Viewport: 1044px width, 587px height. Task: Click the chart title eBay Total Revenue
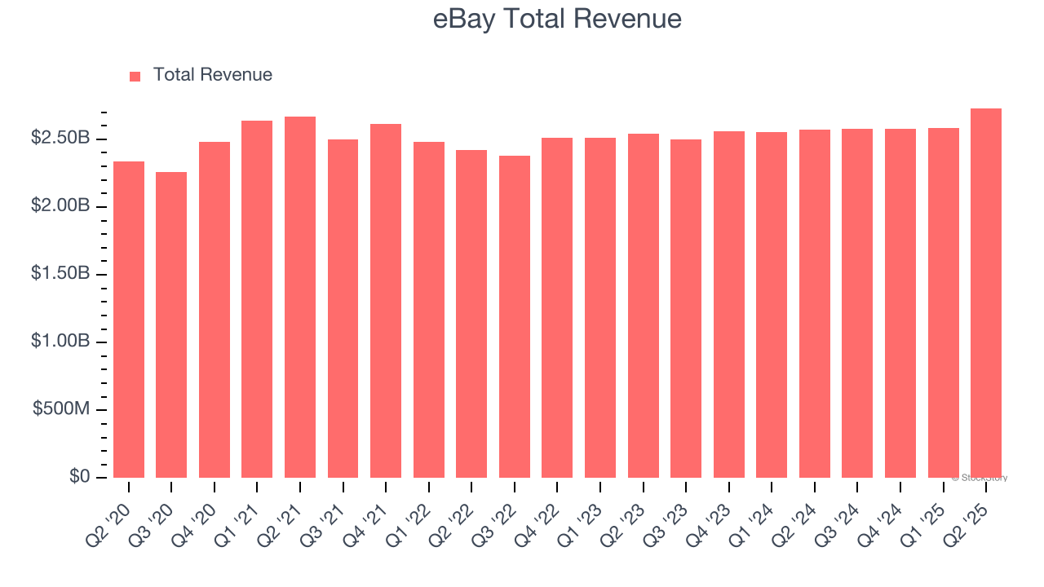[x=557, y=19]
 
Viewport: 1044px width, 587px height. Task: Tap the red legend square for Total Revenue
[x=135, y=76]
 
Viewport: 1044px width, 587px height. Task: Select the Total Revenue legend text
[x=212, y=75]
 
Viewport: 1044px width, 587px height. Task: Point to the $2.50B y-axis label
[x=60, y=138]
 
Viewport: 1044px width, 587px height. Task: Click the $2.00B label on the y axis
[x=60, y=205]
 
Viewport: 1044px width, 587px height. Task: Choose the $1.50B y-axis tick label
[x=60, y=273]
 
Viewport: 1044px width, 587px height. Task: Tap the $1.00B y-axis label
[x=60, y=341]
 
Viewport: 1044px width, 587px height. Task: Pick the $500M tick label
[x=61, y=408]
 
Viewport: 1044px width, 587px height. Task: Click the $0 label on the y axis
[x=79, y=476]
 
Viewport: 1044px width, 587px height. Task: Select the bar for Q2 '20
[x=129, y=320]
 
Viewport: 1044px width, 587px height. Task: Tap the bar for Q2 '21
[x=300, y=297]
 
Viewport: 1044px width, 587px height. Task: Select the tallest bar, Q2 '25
[x=986, y=293]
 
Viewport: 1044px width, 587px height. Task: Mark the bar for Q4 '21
[x=386, y=301]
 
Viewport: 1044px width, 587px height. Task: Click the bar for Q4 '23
[x=729, y=304]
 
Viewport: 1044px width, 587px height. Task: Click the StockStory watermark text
[x=980, y=478]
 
